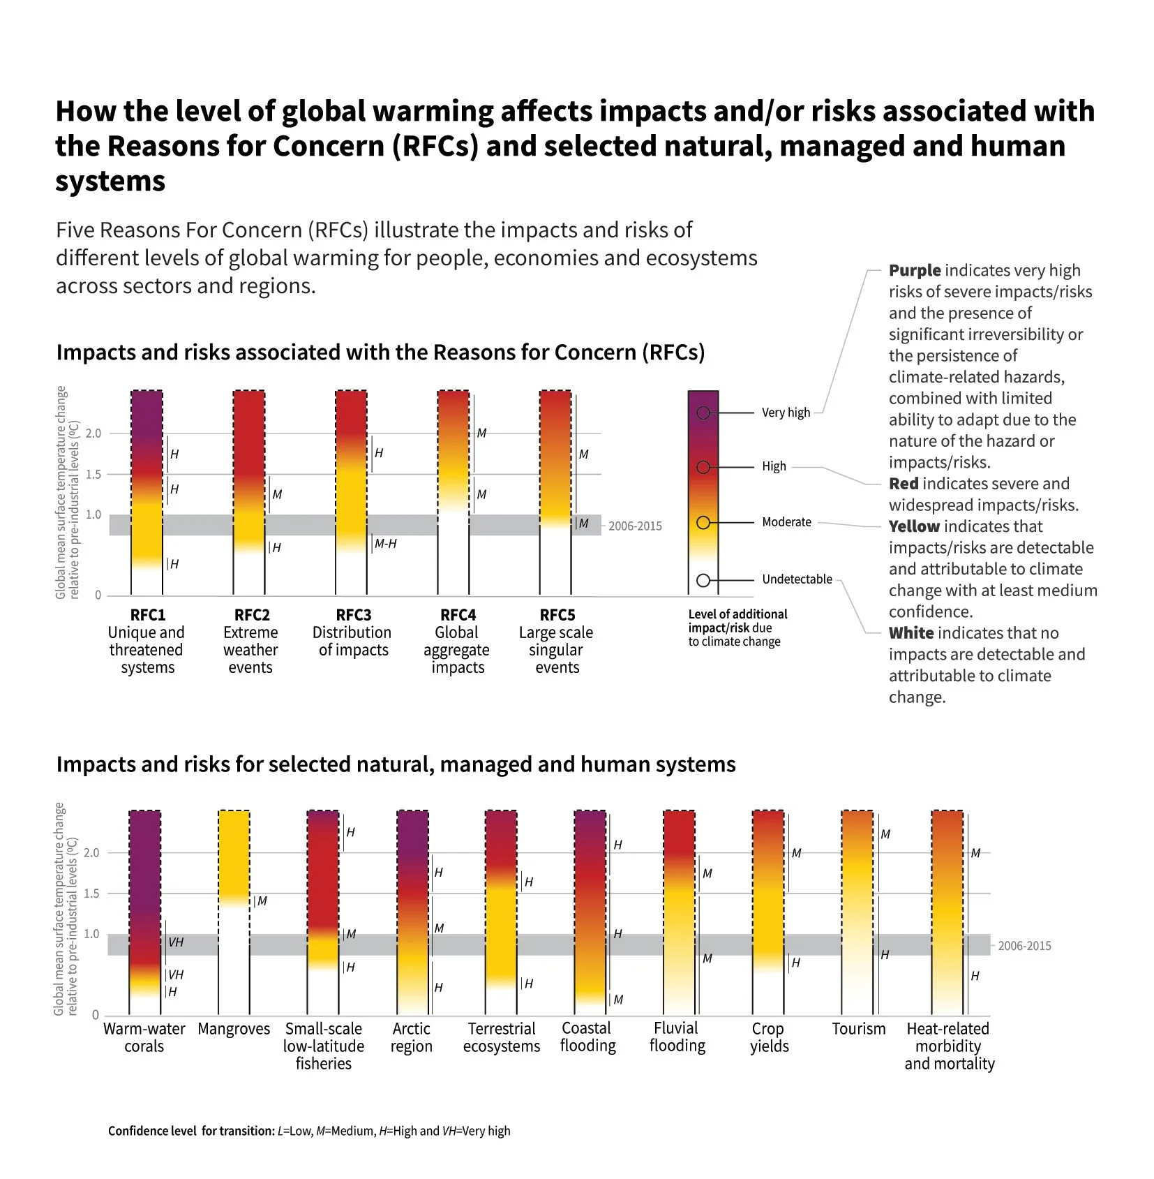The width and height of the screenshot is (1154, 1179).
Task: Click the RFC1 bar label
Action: point(147,615)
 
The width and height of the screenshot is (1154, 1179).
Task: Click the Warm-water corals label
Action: point(144,1037)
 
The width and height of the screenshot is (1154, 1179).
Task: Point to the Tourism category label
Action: point(858,1029)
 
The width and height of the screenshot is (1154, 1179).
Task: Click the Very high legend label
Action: point(786,413)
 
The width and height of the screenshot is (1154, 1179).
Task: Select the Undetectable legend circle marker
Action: point(703,580)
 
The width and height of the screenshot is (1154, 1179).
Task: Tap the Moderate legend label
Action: point(786,522)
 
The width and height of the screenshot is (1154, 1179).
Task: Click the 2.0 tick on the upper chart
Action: point(93,433)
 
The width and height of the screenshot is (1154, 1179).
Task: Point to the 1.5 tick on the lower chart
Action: point(91,893)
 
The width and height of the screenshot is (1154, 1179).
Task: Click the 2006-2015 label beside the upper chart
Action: point(635,526)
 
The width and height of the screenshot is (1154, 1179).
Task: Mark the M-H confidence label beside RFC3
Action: point(386,544)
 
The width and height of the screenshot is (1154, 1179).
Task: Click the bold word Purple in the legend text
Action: point(915,271)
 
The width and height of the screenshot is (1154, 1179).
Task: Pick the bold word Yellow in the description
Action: point(914,526)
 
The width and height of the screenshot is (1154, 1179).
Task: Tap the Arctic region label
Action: point(411,1037)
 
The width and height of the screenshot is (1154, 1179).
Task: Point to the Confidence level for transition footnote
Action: point(309,1131)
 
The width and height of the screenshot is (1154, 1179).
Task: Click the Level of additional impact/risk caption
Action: point(737,628)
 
